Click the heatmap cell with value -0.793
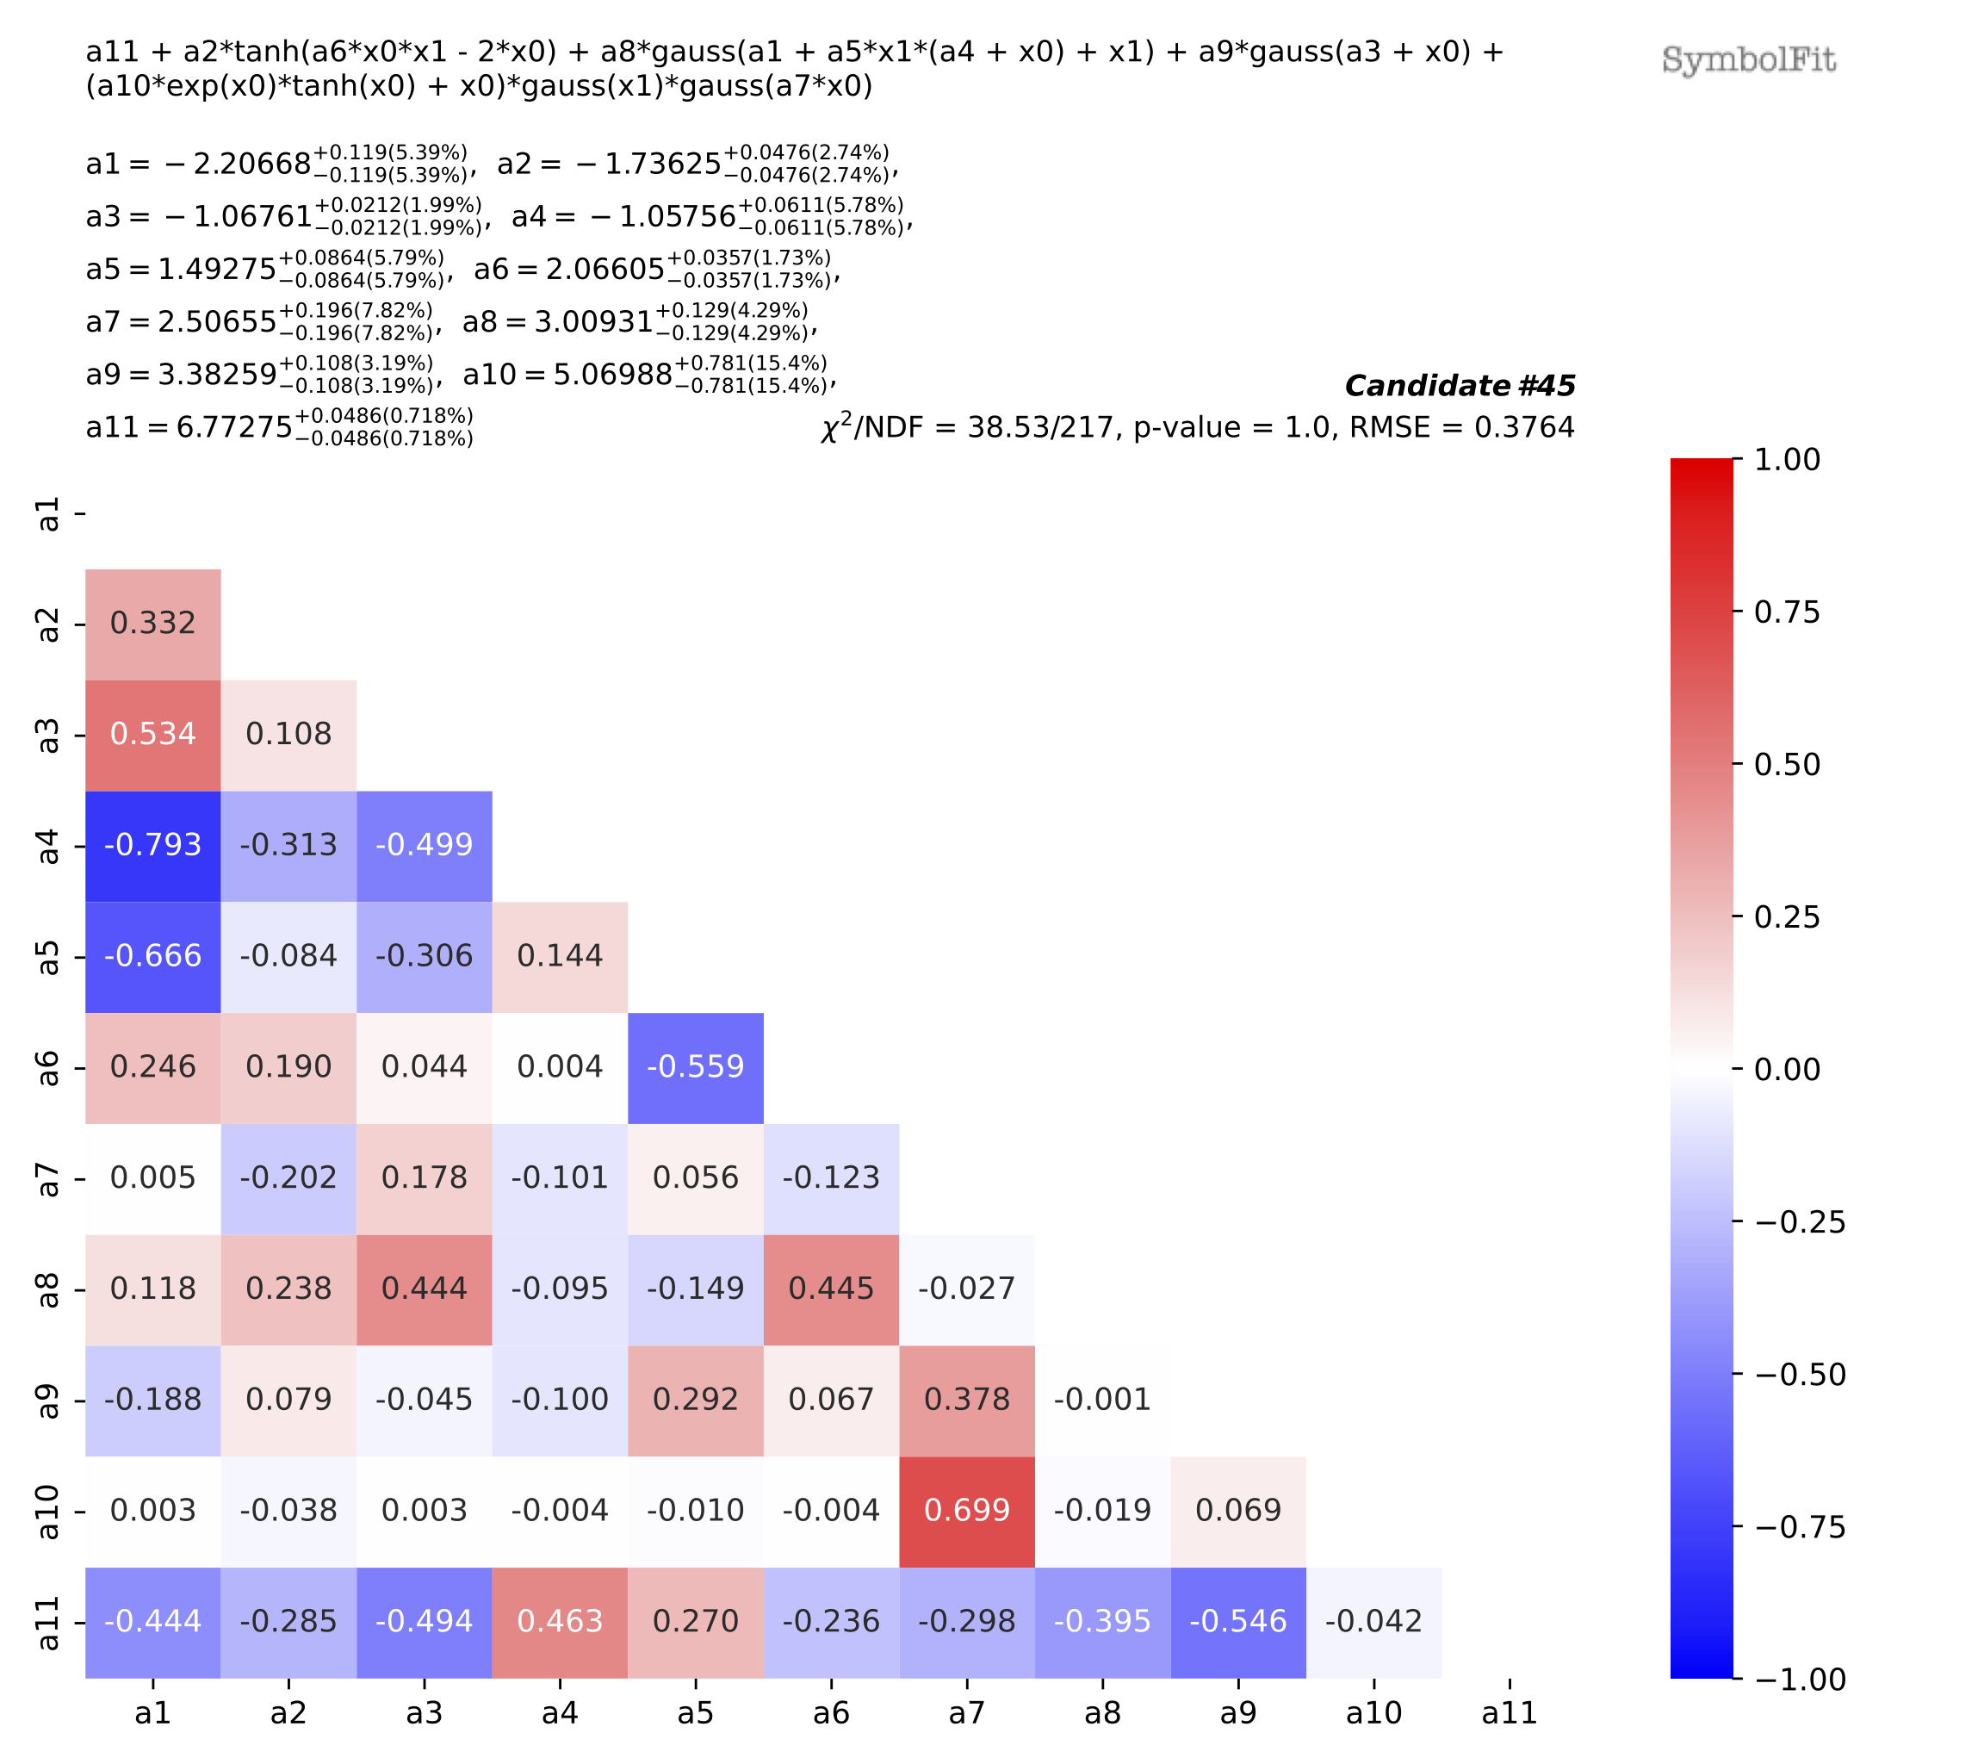tap(152, 846)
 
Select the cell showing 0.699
tap(966, 1511)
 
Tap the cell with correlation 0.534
tap(152, 735)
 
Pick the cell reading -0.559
tap(695, 1067)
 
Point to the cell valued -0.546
tap(1237, 1621)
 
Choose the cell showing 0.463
tap(559, 1621)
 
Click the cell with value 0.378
tap(966, 1400)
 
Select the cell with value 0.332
tap(152, 624)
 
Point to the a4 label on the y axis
tap(47, 847)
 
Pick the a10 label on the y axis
tap(47, 1512)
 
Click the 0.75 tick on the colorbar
tap(1786, 612)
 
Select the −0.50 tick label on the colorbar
tap(1800, 1375)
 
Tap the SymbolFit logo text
tap(1748, 60)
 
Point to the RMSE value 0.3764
tap(1524, 428)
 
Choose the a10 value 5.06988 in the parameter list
tap(612, 375)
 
